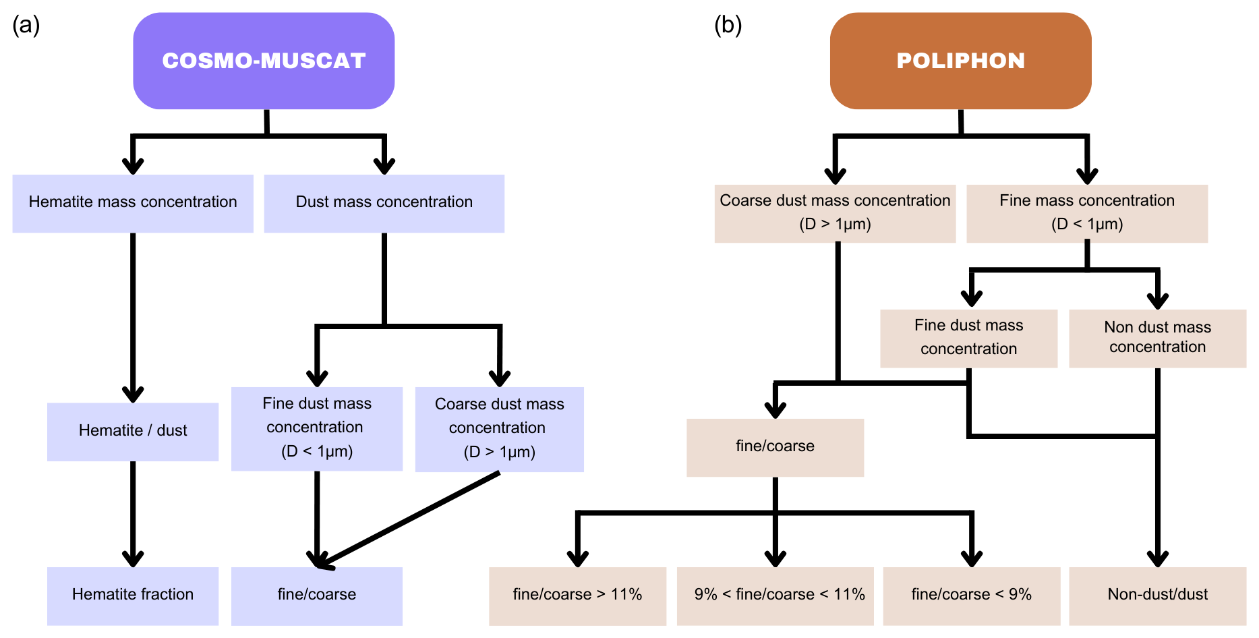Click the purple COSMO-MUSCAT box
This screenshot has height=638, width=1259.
[x=264, y=61]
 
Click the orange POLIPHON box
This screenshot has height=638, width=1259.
[x=960, y=61]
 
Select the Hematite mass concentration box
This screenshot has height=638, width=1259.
[x=133, y=203]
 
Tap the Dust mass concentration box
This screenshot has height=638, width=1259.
[x=384, y=203]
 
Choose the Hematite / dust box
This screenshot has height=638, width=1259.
[x=133, y=432]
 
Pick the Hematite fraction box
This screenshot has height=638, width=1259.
[x=133, y=596]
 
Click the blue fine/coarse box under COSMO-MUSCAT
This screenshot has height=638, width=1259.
[x=317, y=596]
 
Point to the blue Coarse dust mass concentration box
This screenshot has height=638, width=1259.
[x=499, y=429]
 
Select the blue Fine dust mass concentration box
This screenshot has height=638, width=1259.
[x=317, y=428]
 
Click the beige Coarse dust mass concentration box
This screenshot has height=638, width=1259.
[x=835, y=213]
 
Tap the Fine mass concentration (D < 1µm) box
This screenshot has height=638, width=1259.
[x=1087, y=213]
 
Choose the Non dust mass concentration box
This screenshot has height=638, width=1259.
[x=1157, y=338]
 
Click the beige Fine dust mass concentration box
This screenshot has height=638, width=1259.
[x=968, y=338]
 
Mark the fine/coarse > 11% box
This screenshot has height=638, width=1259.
[x=577, y=596]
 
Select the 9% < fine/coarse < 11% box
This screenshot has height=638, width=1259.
[x=775, y=596]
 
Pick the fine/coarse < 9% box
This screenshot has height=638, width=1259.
[x=971, y=596]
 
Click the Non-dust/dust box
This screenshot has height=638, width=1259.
[x=1157, y=596]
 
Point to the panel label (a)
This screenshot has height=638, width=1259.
[x=26, y=26]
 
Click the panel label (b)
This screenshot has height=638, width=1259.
[x=728, y=26]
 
